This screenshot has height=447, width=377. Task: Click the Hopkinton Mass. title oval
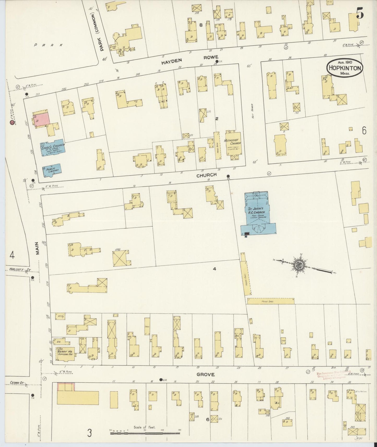[345, 68]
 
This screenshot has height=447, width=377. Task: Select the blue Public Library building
[51, 170]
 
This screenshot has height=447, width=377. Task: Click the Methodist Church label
[232, 142]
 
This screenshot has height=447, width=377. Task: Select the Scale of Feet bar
[145, 433]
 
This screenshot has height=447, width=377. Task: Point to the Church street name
[206, 175]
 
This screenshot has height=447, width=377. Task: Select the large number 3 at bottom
[89, 433]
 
